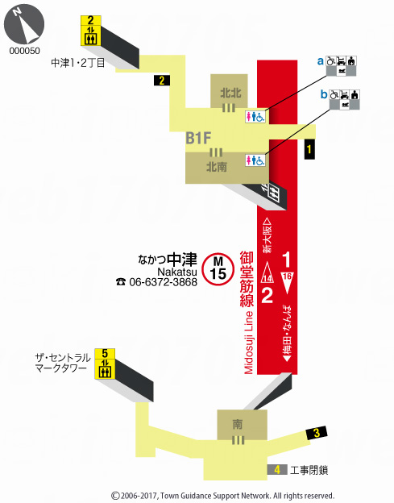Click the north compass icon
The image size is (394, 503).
point(25,25)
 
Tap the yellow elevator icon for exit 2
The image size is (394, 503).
point(90,31)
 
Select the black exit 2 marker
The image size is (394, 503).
point(162,80)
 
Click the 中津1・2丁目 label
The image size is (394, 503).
point(78,63)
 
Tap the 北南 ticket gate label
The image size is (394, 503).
point(215,168)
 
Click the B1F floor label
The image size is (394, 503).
point(199,138)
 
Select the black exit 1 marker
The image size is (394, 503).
point(309,148)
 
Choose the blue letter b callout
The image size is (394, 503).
point(324,95)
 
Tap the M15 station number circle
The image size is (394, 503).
point(218,267)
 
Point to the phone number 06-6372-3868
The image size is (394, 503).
point(163,282)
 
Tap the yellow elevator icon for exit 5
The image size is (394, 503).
point(104,364)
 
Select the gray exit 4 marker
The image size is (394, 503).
point(276,470)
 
